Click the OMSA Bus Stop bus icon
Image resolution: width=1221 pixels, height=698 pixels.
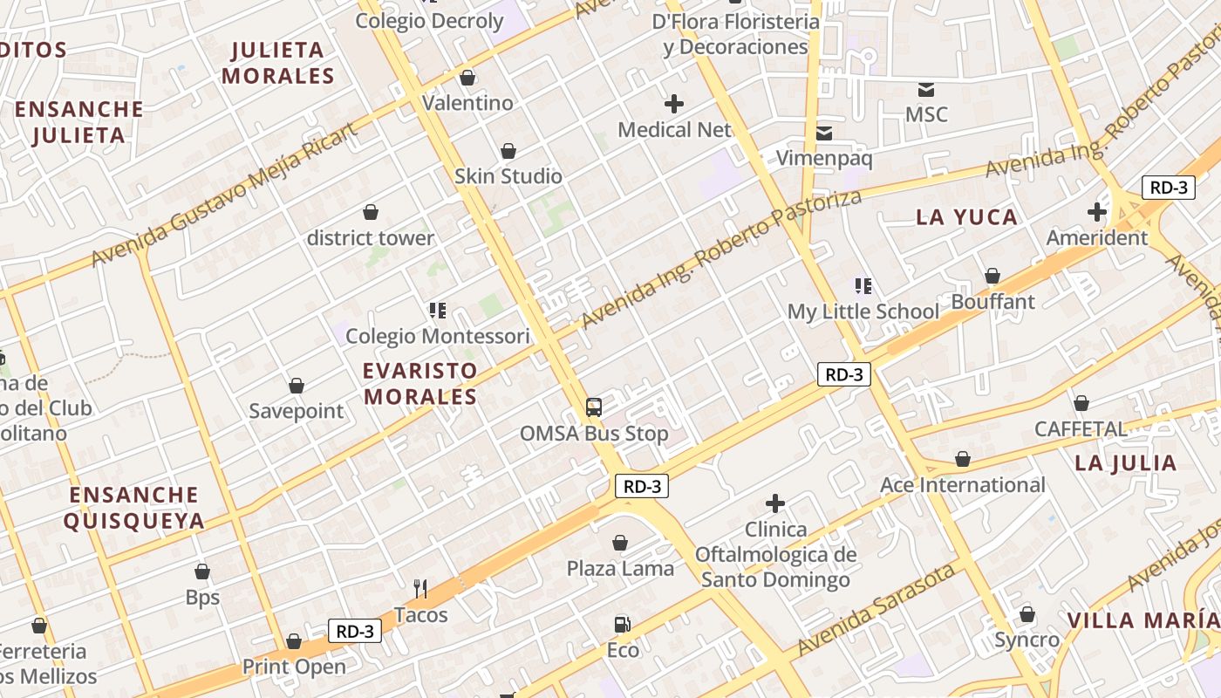(594, 407)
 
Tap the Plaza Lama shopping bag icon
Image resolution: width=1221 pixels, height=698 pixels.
(620, 543)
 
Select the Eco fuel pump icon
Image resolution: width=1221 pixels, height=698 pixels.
(622, 624)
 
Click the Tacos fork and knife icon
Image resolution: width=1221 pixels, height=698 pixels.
(420, 589)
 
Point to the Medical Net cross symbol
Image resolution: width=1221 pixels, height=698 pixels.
(674, 104)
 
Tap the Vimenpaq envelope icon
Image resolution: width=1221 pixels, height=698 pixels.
(824, 133)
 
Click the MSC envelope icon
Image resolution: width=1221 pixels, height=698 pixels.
(926, 89)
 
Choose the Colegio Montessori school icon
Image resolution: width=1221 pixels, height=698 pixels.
(438, 310)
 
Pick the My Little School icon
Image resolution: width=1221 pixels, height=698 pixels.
(863, 285)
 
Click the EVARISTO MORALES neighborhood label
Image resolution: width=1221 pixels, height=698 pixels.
(420, 384)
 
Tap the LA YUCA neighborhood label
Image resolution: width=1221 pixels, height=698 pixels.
(967, 217)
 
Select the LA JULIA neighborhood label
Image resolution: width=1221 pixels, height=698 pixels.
(1126, 462)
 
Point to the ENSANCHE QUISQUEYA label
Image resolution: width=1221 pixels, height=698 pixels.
(134, 508)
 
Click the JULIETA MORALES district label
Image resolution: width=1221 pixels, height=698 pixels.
(278, 63)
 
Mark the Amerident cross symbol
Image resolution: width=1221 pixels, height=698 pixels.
(1097, 211)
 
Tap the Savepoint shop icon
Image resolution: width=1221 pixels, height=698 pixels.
(297, 385)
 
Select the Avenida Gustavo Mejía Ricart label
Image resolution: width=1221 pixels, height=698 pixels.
(225, 195)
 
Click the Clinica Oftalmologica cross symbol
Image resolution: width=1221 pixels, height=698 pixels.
(775, 503)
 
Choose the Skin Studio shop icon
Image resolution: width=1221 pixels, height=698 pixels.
(508, 151)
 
